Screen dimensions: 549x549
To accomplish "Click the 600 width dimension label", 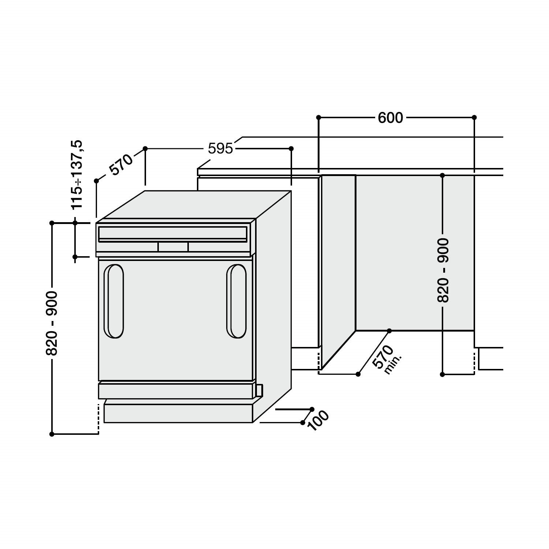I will click(x=390, y=118).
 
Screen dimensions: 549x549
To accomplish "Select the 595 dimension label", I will click(x=220, y=149).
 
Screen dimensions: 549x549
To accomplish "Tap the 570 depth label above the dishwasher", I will click(x=121, y=165).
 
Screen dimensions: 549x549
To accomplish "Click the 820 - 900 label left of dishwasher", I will click(x=52, y=323).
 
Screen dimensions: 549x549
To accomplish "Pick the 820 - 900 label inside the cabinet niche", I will click(x=443, y=270).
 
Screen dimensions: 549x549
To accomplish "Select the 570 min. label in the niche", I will click(x=386, y=359).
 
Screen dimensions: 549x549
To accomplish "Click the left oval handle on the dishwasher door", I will click(x=114, y=301).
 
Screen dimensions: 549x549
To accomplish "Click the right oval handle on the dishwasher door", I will click(x=236, y=301).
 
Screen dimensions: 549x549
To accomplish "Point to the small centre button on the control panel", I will click(x=173, y=247).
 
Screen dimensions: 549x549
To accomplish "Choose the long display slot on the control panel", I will click(x=173, y=233).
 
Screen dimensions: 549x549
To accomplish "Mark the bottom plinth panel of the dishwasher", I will click(x=178, y=414).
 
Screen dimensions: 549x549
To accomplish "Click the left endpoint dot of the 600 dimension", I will click(x=318, y=117).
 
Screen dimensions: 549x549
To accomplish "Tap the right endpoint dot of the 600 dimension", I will click(x=474, y=117).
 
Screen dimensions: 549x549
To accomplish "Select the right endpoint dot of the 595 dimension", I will click(x=291, y=149).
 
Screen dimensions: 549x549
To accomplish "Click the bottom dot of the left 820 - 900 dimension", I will click(x=52, y=434).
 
